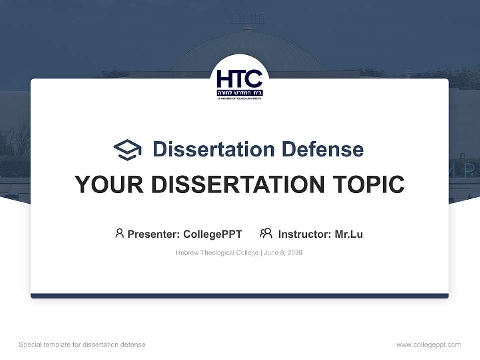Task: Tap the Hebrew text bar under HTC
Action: click(x=240, y=93)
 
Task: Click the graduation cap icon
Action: click(x=127, y=150)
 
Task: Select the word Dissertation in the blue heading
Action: click(x=213, y=149)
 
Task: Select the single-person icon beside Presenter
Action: click(x=119, y=233)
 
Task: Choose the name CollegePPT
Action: click(x=213, y=234)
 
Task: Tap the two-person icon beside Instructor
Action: click(x=266, y=233)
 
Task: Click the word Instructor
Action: click(x=304, y=234)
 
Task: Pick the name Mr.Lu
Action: click(x=349, y=234)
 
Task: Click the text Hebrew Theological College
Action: click(x=217, y=253)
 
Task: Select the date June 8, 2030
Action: click(x=283, y=253)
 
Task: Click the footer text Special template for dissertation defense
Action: click(x=82, y=345)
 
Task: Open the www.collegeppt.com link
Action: click(x=428, y=345)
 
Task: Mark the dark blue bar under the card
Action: click(x=240, y=296)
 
